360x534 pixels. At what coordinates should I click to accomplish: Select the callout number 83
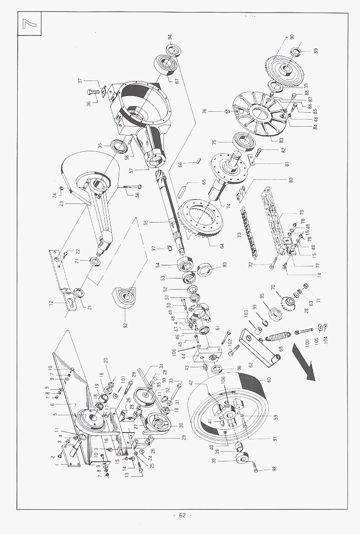tap(281, 139)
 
